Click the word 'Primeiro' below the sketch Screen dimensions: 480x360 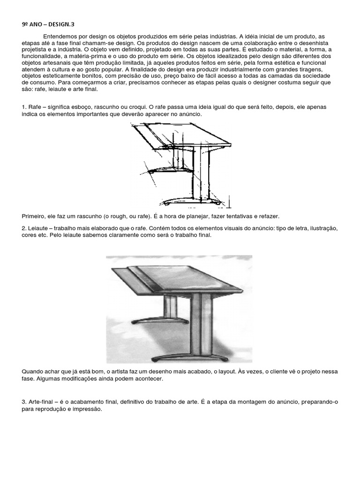pos(33,216)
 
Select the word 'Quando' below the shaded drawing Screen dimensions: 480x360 pos(32,372)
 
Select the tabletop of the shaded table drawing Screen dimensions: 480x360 pos(187,281)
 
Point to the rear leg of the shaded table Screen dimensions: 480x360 pos(172,307)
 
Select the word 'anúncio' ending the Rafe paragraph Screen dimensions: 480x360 pos(192,114)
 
